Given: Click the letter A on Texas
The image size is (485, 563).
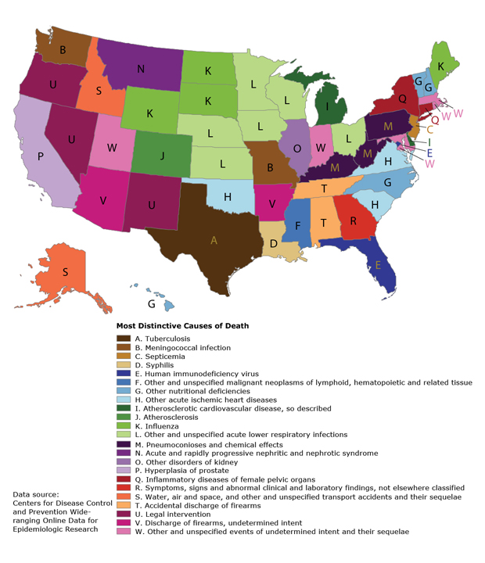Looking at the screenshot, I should (x=213, y=241).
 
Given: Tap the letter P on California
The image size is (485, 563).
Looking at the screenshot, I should (x=40, y=156).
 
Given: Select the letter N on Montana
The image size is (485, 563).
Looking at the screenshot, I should (x=141, y=69).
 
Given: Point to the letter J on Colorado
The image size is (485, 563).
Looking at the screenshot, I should (x=162, y=155).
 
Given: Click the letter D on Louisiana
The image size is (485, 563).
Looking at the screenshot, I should (x=274, y=243).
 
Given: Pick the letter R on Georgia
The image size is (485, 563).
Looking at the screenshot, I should (x=353, y=221).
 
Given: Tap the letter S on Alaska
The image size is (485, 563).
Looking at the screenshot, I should (x=65, y=272).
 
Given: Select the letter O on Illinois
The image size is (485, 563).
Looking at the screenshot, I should (x=296, y=148).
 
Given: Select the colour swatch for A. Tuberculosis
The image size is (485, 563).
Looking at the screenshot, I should (x=123, y=339).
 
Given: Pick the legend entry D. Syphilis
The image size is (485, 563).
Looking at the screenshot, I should (x=155, y=365).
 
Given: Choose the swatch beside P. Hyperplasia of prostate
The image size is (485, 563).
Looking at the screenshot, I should (x=123, y=470).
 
